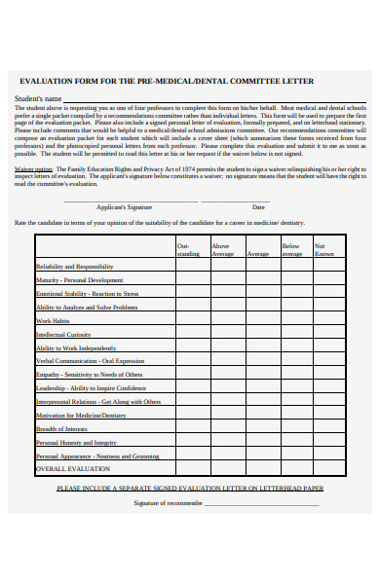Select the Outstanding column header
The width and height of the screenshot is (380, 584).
187,249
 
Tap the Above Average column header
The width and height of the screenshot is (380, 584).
222,249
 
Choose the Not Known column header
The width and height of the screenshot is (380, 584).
324,249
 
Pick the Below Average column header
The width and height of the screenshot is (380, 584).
291,249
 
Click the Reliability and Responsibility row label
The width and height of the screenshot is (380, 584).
75,266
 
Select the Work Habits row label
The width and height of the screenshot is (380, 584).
53,320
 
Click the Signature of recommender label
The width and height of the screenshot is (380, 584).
168,503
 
